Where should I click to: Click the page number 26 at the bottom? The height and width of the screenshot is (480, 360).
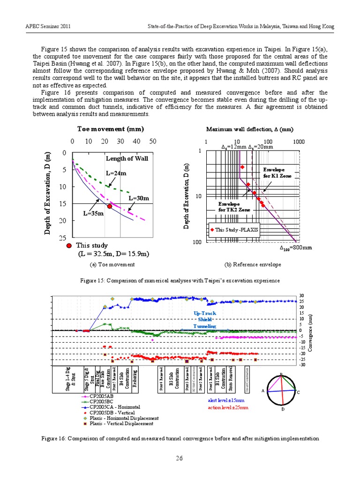point(179,458)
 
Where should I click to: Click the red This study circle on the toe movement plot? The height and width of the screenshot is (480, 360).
point(109,206)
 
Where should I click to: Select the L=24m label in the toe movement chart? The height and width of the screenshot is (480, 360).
point(116,173)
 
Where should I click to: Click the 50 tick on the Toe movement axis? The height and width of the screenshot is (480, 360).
point(152,141)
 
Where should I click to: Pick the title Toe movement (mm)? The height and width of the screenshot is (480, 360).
point(110,129)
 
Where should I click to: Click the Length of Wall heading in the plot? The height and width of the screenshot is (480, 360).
point(127,158)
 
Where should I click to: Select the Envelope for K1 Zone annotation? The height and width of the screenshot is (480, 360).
point(277,172)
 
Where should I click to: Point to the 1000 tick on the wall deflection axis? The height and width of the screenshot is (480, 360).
point(298,141)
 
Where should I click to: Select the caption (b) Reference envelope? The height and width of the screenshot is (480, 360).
point(253,265)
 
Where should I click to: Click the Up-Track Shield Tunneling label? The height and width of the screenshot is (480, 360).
point(205,319)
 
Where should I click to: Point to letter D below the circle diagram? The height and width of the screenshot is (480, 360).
point(282,409)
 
